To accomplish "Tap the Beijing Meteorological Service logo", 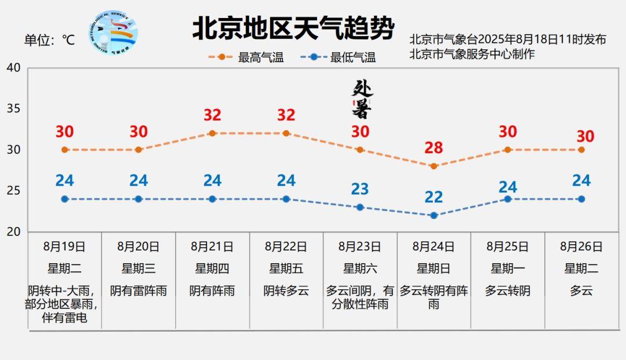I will pos(114,33).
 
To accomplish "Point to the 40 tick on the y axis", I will pos(13,68).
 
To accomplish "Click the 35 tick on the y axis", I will pos(13,109).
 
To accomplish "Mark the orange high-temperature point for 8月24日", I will pos(434,166).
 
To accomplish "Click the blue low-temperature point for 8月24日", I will pos(434,215).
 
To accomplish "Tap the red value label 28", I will pos(434,148).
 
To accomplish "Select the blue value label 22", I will pos(434,197).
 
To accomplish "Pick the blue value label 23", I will pos(360,189).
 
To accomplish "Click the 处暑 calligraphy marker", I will pos(362,99).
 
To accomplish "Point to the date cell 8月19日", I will pos(64,246).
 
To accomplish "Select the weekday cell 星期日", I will pos(434,268).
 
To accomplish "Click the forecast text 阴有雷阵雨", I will pos(139,290).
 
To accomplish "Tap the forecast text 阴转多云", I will pos(286,290).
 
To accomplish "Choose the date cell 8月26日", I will pos(581,246).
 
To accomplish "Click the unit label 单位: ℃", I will pos(49,40).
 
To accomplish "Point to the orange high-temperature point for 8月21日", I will pos(212,133).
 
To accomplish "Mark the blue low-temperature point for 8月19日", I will pos(65,199).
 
